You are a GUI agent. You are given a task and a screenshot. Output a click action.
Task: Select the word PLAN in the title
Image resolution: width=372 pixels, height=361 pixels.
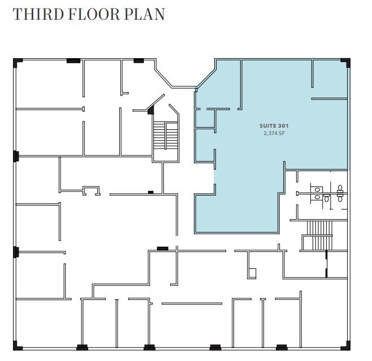click(146, 14)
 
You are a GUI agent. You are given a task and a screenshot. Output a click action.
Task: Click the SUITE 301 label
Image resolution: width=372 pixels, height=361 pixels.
click(272, 127)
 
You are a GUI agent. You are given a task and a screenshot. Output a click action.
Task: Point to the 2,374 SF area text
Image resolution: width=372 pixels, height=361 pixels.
click(272, 134)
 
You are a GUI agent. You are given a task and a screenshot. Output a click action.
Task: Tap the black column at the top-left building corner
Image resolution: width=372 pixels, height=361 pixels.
click(17, 60)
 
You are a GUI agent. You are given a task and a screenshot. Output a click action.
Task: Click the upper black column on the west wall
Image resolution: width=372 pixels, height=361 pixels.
click(16, 155)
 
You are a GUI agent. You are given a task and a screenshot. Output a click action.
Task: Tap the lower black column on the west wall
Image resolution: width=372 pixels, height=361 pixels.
click(16, 252)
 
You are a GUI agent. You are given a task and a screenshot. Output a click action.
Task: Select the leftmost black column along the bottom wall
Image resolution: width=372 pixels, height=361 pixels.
click(82, 347)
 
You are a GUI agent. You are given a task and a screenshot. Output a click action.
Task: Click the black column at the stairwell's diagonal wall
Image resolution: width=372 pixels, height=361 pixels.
click(150, 111)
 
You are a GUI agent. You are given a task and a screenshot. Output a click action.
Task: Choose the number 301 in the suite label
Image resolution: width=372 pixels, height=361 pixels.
click(281, 127)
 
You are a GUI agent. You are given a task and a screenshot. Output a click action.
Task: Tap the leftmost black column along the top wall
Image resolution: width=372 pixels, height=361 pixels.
click(72, 60)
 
